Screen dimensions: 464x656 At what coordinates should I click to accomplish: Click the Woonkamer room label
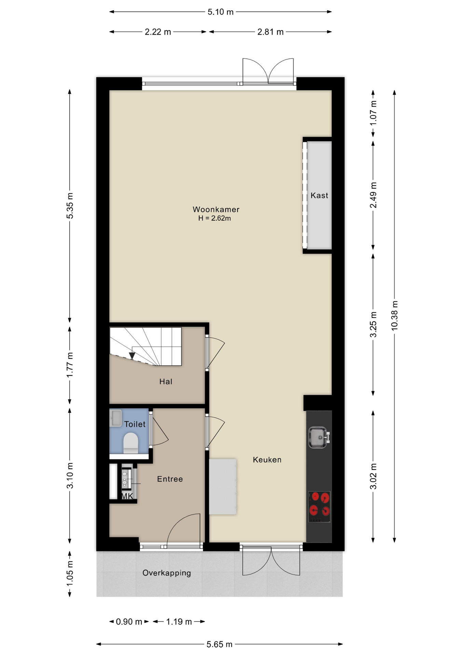[x=216, y=209]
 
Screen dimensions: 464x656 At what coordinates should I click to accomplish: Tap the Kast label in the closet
[x=319, y=195]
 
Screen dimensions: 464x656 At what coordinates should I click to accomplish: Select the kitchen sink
[x=319, y=437]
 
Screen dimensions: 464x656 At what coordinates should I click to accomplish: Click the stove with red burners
[x=319, y=507]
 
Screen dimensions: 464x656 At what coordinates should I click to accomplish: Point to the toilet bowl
[x=131, y=443]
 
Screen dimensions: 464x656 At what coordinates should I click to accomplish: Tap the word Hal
[x=166, y=382]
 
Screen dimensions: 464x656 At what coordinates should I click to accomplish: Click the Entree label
[x=170, y=479]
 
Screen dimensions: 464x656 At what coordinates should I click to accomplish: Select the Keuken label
[x=267, y=460]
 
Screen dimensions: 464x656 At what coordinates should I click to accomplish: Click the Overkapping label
[x=167, y=573]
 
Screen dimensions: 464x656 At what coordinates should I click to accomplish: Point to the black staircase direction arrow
[x=132, y=356]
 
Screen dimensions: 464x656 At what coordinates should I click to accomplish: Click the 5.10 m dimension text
[x=220, y=12]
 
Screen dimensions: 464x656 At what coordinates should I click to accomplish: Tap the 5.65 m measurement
[x=220, y=644]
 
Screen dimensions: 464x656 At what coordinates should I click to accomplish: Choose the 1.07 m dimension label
[x=373, y=113]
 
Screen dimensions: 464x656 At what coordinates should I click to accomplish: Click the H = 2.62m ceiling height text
[x=215, y=218]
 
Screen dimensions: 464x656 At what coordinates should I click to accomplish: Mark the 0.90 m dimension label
[x=129, y=621]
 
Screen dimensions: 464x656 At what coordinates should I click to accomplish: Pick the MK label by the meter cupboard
[x=127, y=496]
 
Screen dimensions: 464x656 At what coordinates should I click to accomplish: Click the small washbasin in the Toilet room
[x=115, y=418]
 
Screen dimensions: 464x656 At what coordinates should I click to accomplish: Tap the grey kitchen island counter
[x=223, y=487]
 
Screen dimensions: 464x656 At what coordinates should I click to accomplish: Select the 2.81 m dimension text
[x=271, y=32]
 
